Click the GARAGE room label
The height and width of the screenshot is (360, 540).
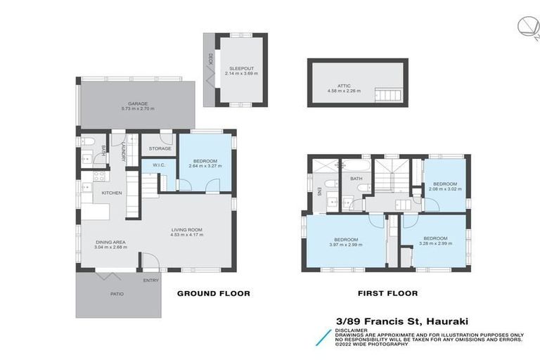point(137,103)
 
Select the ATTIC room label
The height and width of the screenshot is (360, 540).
point(344,85)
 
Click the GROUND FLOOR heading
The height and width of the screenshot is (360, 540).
point(213,293)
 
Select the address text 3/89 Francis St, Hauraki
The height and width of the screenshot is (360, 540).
point(401,321)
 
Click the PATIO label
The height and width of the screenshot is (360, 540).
point(117,294)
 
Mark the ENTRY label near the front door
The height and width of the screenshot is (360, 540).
point(151,281)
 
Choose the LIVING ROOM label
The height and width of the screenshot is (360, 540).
point(187,229)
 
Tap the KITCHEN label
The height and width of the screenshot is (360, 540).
point(112,193)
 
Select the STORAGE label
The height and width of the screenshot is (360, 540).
point(160,148)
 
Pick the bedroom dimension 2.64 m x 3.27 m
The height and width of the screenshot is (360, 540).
point(206,167)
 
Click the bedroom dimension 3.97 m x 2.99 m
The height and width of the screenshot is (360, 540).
point(346,245)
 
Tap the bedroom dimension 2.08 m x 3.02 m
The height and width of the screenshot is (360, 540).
point(444,189)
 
